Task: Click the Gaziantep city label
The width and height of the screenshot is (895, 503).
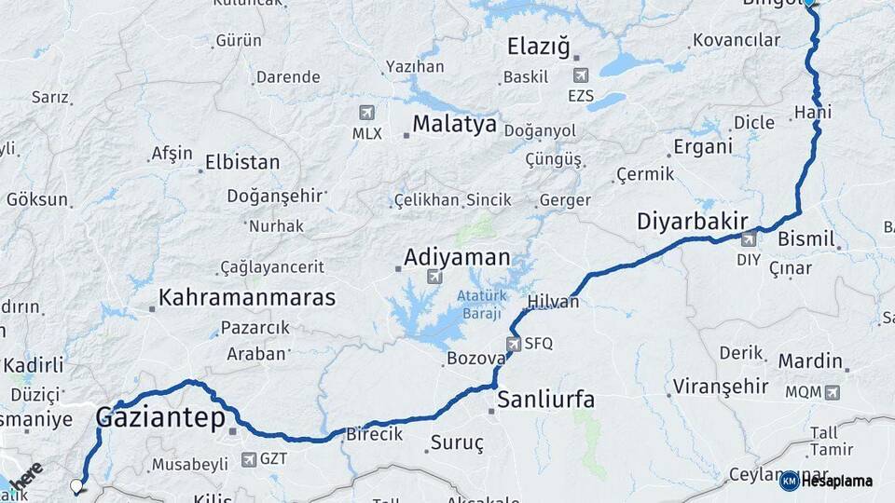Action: [x=160, y=418]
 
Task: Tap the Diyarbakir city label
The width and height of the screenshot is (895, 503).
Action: [x=693, y=222]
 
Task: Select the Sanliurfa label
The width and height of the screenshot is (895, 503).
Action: [x=545, y=401]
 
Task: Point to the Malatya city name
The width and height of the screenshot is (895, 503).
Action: [x=454, y=124]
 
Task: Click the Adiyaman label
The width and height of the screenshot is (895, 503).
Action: [x=457, y=257]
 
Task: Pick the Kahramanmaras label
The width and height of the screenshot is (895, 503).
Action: [x=247, y=298]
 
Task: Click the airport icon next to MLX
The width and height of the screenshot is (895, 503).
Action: [x=366, y=113]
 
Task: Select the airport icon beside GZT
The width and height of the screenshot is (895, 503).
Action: [x=248, y=459]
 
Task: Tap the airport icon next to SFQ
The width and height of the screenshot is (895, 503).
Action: [x=514, y=344]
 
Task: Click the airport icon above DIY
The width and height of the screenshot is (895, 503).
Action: [x=748, y=240]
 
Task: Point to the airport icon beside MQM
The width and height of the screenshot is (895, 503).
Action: [x=832, y=392]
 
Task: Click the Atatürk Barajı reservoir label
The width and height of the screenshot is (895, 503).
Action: [x=481, y=304]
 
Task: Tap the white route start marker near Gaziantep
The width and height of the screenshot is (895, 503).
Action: [x=76, y=485]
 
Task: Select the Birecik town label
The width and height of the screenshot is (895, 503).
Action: [x=374, y=434]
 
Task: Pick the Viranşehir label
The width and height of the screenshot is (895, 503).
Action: [x=721, y=386]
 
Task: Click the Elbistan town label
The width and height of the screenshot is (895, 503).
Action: [x=242, y=162]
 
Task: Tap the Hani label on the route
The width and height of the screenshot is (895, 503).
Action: [x=812, y=113]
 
